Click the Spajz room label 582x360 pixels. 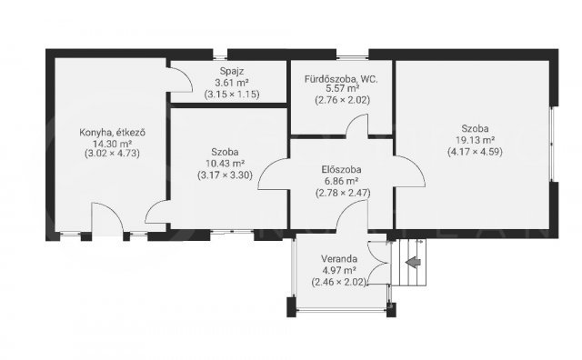pyautogui.click(x=232, y=71)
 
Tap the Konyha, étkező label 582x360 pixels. pyautogui.click(x=112, y=133)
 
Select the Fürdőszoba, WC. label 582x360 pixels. pyautogui.click(x=341, y=79)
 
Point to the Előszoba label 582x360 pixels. pyautogui.click(x=342, y=170)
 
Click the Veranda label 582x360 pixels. pyautogui.click(x=339, y=259)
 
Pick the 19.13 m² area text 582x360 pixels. pyautogui.click(x=475, y=140)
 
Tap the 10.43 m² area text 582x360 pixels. pyautogui.click(x=225, y=164)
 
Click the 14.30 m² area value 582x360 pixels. pyautogui.click(x=112, y=144)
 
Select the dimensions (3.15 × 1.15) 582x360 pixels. pyautogui.click(x=232, y=95)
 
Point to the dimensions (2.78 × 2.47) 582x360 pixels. pyautogui.click(x=343, y=193)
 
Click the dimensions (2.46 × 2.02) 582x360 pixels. pyautogui.click(x=339, y=282)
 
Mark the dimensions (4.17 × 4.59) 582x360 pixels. pyautogui.click(x=475, y=152)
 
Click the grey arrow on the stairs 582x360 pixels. pyautogui.click(x=413, y=263)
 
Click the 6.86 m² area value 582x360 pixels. pyautogui.click(x=342, y=181)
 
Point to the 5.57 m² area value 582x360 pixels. pyautogui.click(x=342, y=89)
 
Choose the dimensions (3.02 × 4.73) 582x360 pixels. pyautogui.click(x=112, y=154)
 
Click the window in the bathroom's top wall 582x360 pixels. pyautogui.click(x=352, y=57)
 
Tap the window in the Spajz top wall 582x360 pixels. pyautogui.click(x=220, y=57)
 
